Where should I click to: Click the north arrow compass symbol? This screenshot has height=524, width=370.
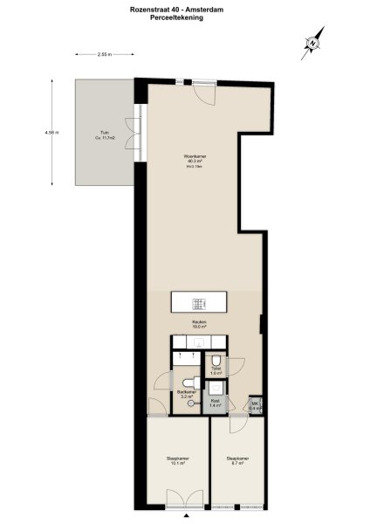pyautogui.click(x=312, y=42)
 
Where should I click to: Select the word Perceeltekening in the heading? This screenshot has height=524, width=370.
pyautogui.click(x=184, y=17)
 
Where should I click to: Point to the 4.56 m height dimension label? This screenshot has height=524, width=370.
pyautogui.click(x=51, y=133)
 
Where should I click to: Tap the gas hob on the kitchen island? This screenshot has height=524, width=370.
pyautogui.click(x=199, y=303)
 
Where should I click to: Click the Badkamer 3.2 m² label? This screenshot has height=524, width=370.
pyautogui.click(x=185, y=394)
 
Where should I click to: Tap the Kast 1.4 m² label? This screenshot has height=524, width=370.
pyautogui.click(x=215, y=405)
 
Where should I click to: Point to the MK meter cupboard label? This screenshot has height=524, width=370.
pyautogui.click(x=255, y=405)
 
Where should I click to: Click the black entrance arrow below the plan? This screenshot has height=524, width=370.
pyautogui.click(x=185, y=515)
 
